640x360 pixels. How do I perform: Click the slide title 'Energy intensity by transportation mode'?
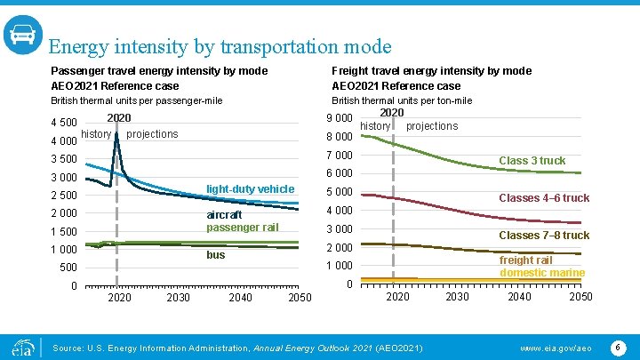tap(220, 45)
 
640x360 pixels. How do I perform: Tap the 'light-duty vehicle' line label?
tap(250, 189)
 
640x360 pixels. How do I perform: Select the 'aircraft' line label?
tap(224, 215)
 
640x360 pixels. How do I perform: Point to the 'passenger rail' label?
tap(242, 228)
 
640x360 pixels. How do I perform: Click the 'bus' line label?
tap(216, 255)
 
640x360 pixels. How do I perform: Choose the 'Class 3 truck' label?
tap(532, 161)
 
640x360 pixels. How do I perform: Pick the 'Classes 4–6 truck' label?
tap(544, 198)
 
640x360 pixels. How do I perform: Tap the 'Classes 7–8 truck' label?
tap(544, 236)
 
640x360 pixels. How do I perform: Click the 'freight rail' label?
tap(525, 260)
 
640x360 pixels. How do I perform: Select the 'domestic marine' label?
tap(542, 273)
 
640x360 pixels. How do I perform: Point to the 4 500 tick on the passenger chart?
tap(64, 123)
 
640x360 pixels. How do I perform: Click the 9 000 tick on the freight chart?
tap(340, 119)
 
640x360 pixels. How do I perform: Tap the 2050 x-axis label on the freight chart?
tap(580, 297)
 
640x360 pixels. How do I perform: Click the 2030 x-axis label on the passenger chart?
tap(178, 298)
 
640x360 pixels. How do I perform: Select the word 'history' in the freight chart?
tap(375, 126)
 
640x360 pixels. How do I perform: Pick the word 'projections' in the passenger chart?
tap(152, 134)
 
